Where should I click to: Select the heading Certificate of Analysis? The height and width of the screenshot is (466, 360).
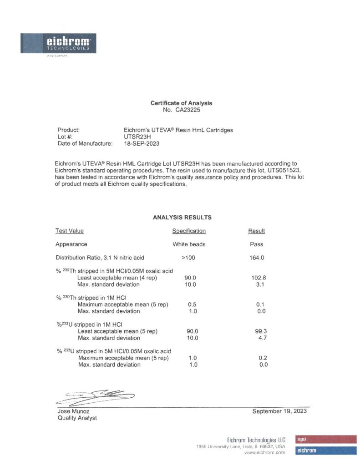pyautogui.click(x=181, y=103)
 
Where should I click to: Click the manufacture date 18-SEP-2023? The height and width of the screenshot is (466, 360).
pyautogui.click(x=142, y=143)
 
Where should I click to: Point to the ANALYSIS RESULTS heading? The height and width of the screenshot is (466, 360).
pyautogui.click(x=182, y=218)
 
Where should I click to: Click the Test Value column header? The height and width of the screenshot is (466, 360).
pyautogui.click(x=70, y=231)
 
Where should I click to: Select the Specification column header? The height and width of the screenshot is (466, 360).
pyautogui.click(x=189, y=231)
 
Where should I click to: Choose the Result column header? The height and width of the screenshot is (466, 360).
pyautogui.click(x=257, y=231)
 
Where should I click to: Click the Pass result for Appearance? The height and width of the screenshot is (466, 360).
pyautogui.click(x=257, y=244)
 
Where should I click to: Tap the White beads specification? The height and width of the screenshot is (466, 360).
pyautogui.click(x=189, y=244)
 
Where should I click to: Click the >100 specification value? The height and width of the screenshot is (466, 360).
pyautogui.click(x=189, y=258)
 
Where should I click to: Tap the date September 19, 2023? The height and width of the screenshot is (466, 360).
pyautogui.click(x=279, y=411)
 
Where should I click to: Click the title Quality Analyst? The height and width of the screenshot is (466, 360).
pyautogui.click(x=77, y=418)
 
